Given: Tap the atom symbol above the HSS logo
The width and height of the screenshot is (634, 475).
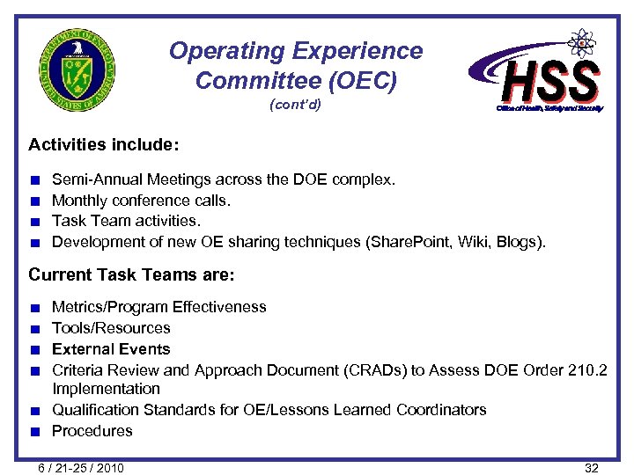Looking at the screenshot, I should (x=580, y=41).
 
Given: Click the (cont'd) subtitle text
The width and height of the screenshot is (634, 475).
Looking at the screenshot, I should (x=295, y=106).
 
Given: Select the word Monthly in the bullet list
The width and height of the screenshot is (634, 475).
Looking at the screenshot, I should (x=80, y=201).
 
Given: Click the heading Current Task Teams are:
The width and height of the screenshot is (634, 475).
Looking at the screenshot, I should (x=131, y=274).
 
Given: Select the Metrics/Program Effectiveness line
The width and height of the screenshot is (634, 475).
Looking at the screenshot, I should (x=158, y=307).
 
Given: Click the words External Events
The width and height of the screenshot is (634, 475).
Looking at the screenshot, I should (x=111, y=349).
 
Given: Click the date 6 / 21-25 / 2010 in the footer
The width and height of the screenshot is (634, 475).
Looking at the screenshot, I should (x=80, y=467).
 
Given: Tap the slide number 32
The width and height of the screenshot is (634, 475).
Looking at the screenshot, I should (x=592, y=467).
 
